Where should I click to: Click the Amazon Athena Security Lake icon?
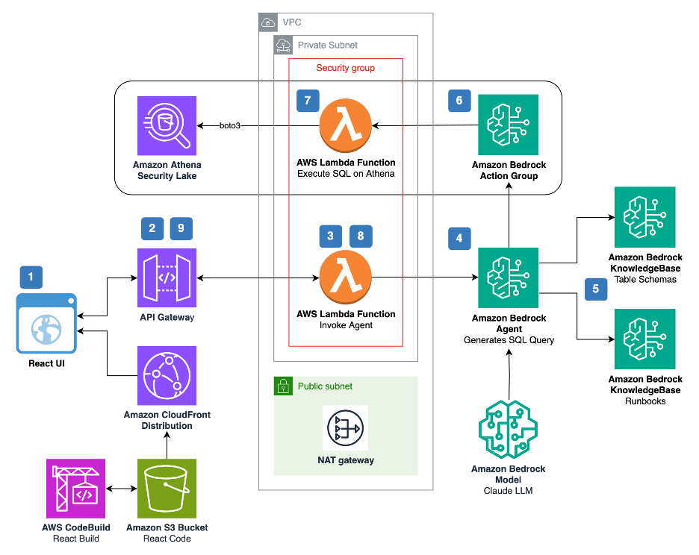[167, 125]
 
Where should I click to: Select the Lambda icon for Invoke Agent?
[346, 277]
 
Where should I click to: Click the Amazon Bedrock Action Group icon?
[508, 125]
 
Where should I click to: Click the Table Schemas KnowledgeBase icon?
[644, 217]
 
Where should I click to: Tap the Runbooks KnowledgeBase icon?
[644, 339]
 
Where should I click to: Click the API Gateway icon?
[167, 278]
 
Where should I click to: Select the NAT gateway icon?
[345, 428]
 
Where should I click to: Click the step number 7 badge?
[307, 101]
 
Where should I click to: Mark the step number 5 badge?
[595, 290]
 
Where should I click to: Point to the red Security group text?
[345, 68]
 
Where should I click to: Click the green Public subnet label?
[325, 386]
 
